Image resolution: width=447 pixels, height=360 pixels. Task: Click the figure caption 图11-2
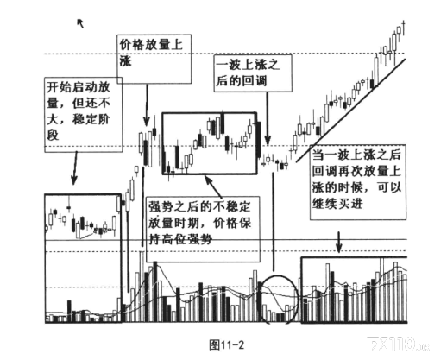[x=227, y=344]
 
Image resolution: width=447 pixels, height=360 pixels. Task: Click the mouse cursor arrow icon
[x=80, y=23]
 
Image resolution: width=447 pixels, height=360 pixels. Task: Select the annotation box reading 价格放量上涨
[x=154, y=59]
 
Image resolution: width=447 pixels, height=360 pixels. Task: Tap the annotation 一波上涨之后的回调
[x=253, y=73]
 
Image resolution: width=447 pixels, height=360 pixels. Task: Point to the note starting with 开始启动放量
[x=84, y=115]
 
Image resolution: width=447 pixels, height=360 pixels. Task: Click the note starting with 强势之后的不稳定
[x=203, y=229]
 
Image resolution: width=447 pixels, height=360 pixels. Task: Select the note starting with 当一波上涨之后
[x=358, y=182]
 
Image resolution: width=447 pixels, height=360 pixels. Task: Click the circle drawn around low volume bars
[x=262, y=300]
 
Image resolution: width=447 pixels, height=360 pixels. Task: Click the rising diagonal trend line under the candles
[x=351, y=111]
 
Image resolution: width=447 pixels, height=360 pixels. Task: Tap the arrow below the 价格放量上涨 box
[x=147, y=105]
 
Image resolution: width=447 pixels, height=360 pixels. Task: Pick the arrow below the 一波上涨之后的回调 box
[x=268, y=118]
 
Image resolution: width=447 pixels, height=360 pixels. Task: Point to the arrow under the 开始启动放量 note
[x=75, y=168]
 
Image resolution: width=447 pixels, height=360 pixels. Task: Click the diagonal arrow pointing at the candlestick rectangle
[x=213, y=186]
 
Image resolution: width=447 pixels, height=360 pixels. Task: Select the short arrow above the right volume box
[x=339, y=242]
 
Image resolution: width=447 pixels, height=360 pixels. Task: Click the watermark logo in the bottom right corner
[x=398, y=344]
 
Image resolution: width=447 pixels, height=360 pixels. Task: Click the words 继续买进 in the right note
[x=337, y=204]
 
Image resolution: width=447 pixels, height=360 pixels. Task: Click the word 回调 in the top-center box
[x=254, y=80]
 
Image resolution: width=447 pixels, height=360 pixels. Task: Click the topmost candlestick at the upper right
[x=404, y=28]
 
